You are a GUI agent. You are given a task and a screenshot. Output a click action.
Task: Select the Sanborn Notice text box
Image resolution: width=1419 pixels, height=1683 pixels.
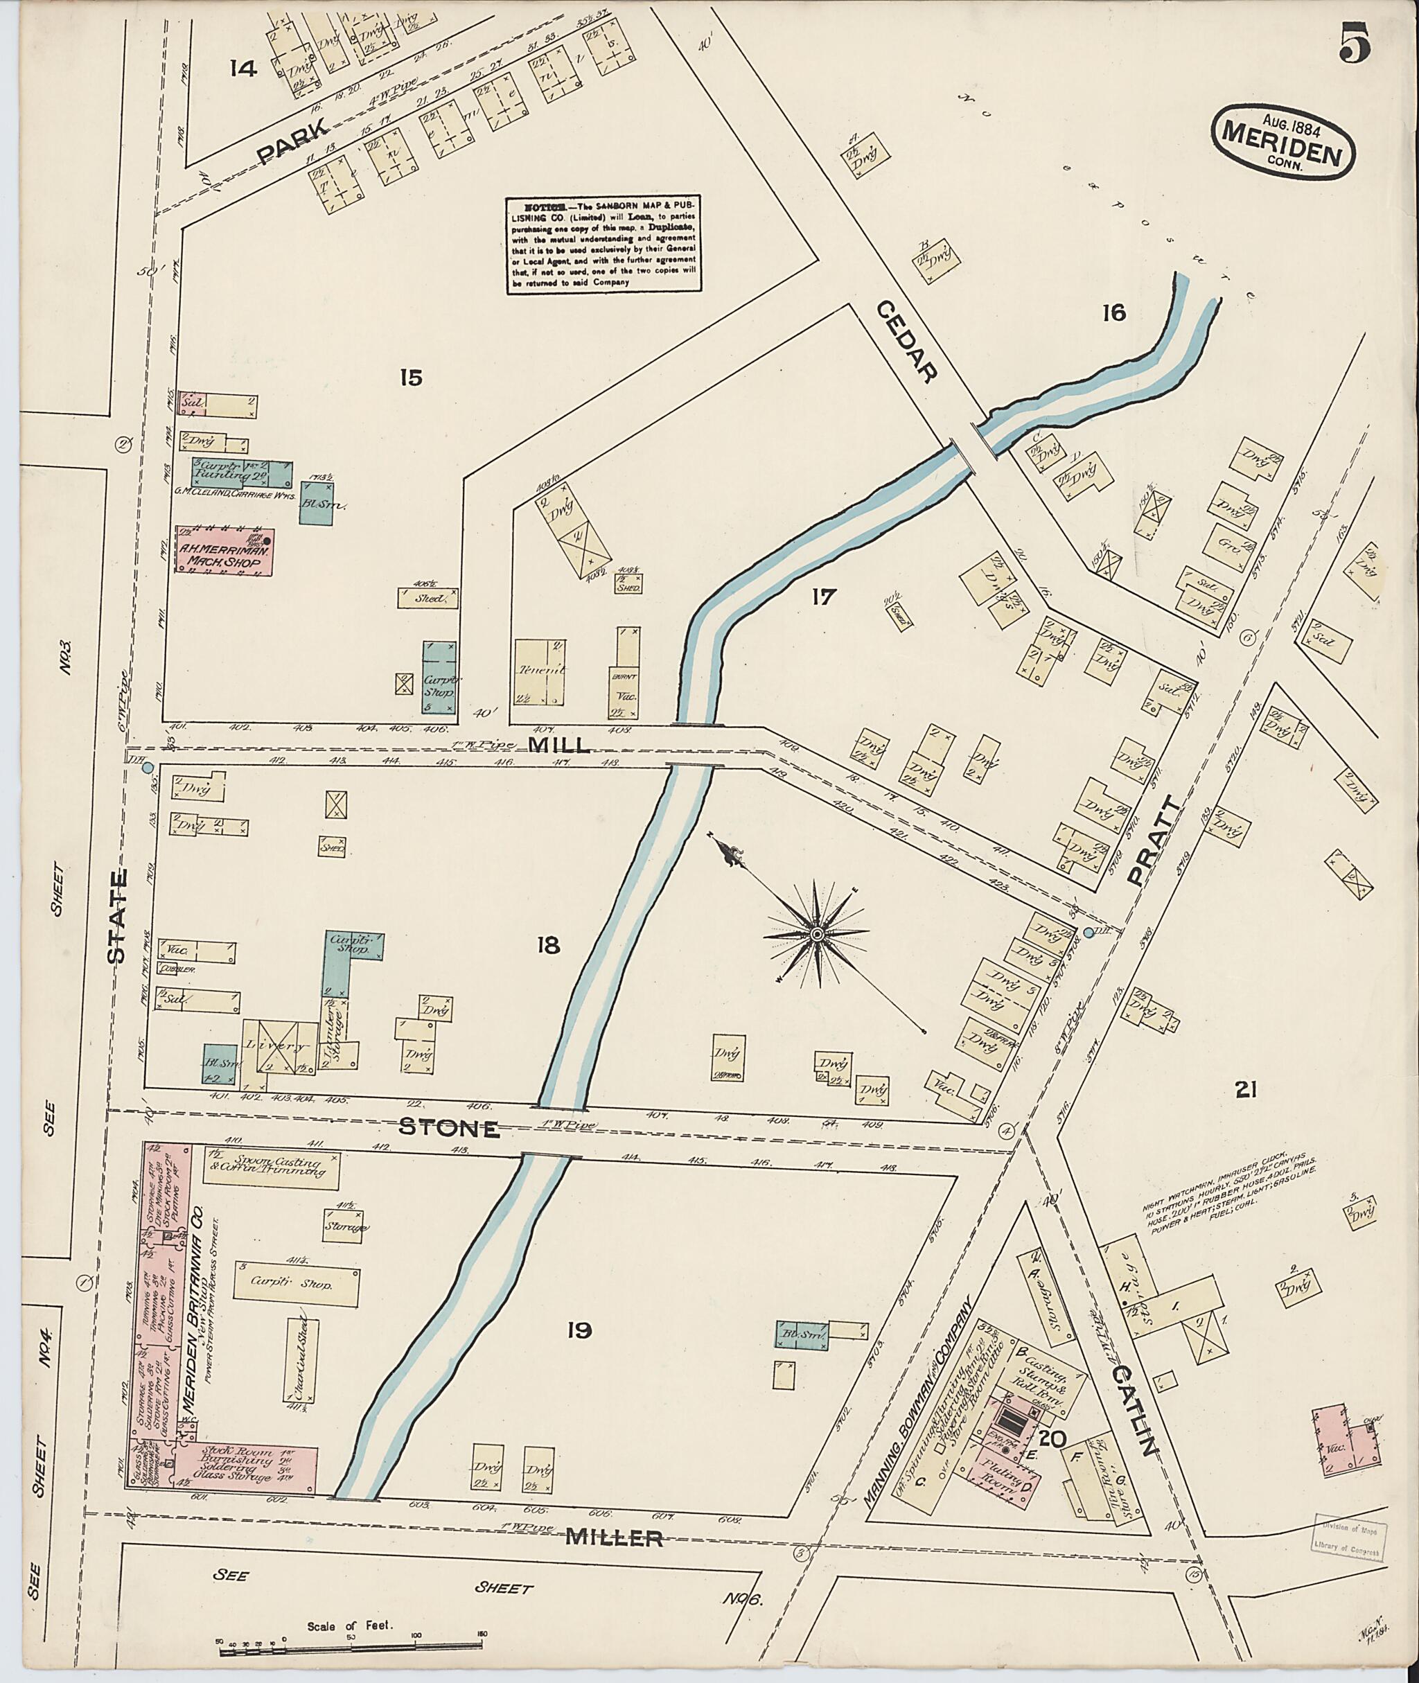(603, 245)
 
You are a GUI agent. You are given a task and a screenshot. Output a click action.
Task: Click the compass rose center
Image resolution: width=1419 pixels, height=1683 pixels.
(816, 933)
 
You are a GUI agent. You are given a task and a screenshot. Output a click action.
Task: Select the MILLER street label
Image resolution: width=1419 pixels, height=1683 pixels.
(615, 1539)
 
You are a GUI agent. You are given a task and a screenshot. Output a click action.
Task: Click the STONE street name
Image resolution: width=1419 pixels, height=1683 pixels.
(450, 1129)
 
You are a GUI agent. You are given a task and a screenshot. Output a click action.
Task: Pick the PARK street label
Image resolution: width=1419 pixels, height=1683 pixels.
(295, 140)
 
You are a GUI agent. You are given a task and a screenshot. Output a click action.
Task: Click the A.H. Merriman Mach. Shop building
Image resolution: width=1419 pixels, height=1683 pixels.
(224, 550)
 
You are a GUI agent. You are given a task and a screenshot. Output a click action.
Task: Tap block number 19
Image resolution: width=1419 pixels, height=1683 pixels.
(578, 1330)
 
